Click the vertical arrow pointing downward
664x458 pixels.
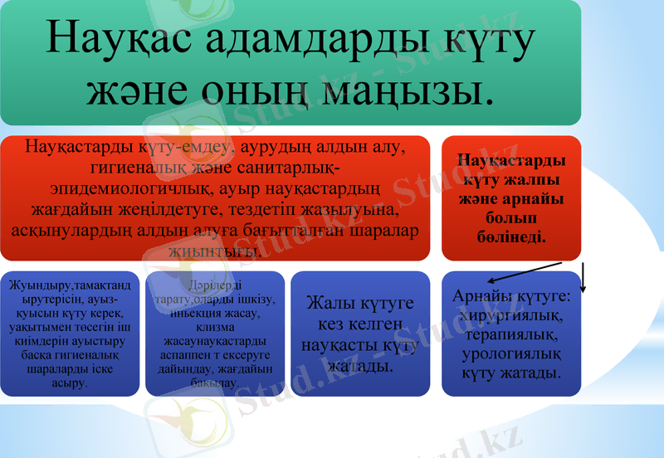click(x=583, y=278)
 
